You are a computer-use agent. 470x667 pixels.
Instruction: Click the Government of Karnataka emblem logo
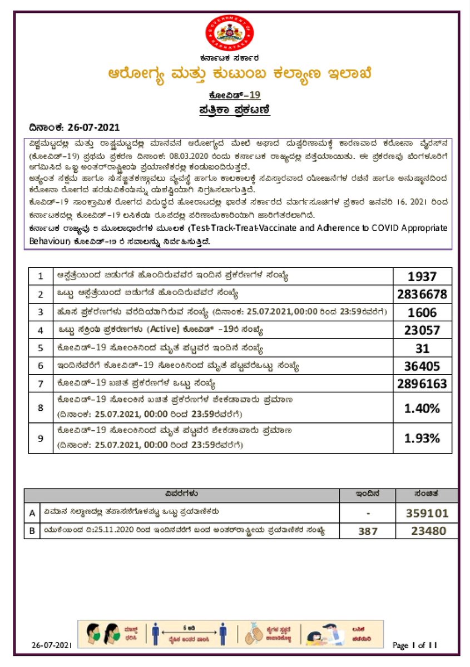pos(229,34)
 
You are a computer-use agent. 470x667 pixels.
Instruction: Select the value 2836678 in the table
pos(422,294)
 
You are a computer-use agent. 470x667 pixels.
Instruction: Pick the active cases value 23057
pos(422,330)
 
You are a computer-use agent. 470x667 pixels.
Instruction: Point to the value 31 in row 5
pos(422,349)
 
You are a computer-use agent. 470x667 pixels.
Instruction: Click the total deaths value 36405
pos(422,366)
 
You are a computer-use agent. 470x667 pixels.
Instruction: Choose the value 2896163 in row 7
pos(422,384)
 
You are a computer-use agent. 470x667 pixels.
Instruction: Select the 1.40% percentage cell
pos(422,408)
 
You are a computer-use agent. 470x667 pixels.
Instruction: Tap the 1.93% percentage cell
pos(422,438)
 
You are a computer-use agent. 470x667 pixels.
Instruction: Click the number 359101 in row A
pos(428,512)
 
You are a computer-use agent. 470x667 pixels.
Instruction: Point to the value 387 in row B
pos(368,531)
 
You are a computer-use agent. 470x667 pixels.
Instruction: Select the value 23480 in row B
pos(428,531)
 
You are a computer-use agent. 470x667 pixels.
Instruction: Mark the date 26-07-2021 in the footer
pos(52,645)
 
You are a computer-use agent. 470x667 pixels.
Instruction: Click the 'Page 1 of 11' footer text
pos(415,645)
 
